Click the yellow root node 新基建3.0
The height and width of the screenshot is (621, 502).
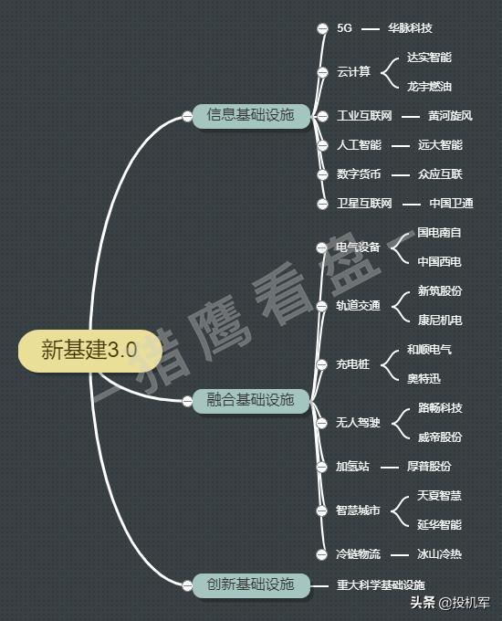coord(89,351)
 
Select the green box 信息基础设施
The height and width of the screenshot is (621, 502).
coord(251,116)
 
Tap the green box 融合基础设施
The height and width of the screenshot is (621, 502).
coord(251,400)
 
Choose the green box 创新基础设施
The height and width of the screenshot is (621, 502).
coord(251,584)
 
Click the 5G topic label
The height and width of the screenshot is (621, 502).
coord(344,28)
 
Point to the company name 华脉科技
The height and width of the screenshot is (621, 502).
coord(410,28)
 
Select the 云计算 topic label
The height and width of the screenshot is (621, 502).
coord(353,72)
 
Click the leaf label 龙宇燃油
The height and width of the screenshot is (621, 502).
coord(430,87)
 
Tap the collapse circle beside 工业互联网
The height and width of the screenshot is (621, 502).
coord(323,116)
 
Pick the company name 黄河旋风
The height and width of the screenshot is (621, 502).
coord(450,116)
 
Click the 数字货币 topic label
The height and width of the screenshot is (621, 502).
coord(359,174)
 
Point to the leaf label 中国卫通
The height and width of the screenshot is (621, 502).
coord(451,203)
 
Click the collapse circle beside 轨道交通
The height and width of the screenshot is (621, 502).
coord(322,306)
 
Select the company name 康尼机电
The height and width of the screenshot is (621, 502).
coord(440,320)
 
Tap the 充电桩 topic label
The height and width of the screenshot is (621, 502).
coord(352,364)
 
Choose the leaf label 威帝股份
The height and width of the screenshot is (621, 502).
coord(440,437)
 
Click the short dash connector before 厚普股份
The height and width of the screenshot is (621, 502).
coord(390,468)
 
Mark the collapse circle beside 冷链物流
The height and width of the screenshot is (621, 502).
coord(322,554)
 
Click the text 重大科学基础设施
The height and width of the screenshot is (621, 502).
coord(381,585)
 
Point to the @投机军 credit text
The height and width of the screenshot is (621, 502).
coord(465,603)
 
